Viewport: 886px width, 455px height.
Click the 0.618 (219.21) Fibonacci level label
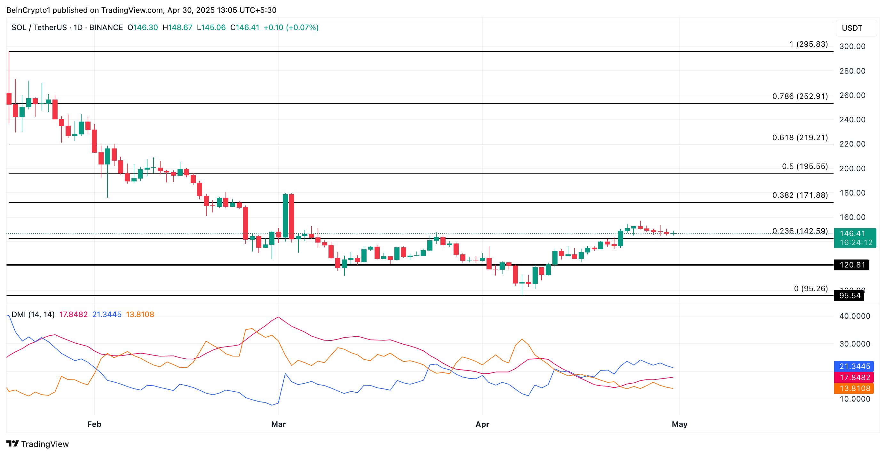tap(800, 138)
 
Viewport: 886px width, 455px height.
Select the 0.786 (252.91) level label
tap(800, 96)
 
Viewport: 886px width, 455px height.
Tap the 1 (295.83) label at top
tap(808, 44)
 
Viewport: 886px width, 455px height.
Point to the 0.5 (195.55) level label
tap(804, 167)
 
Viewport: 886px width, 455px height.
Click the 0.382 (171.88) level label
tap(800, 195)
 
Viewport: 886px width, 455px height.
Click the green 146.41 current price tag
tap(855, 238)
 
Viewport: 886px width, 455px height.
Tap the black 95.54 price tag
tap(849, 296)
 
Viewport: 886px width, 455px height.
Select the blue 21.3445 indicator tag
tap(854, 366)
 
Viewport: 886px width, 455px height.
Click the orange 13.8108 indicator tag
tap(854, 388)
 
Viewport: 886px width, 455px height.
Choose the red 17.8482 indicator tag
tap(854, 377)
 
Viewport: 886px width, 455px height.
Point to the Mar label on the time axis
tap(278, 424)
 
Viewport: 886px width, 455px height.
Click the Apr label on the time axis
tap(482, 424)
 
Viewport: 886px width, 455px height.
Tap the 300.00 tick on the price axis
tap(852, 46)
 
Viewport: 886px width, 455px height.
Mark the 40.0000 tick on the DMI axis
tap(854, 316)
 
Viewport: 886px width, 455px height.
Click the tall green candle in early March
tap(285, 215)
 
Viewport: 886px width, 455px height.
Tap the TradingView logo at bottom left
tap(37, 444)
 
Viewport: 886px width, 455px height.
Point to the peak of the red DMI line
tap(278, 317)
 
